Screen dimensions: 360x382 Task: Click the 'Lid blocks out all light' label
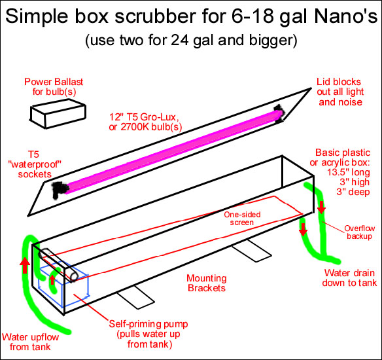pos(345,91)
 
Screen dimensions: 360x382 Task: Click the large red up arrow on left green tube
pos(24,266)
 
